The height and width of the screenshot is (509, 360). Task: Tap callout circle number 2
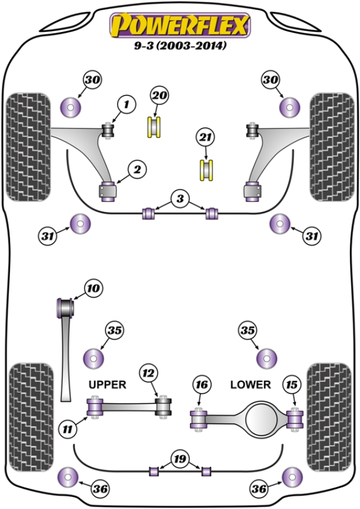point(137,170)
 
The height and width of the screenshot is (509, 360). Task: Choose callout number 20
point(159,95)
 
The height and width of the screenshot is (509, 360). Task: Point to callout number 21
point(205,137)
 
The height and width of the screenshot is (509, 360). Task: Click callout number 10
point(92,289)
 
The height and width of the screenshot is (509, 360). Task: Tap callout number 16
point(201,384)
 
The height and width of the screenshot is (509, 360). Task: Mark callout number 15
point(292,384)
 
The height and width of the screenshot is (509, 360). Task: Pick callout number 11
point(68,428)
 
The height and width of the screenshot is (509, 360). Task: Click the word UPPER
point(107,385)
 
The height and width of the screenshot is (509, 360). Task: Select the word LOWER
point(250,384)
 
